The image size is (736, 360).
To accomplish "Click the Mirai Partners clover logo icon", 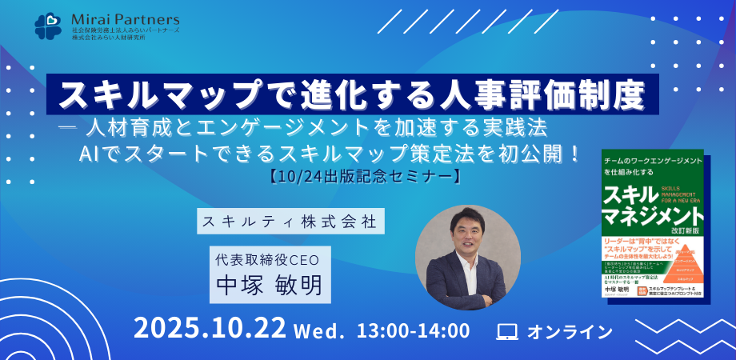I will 47,25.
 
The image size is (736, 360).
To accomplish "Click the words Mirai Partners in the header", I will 125,18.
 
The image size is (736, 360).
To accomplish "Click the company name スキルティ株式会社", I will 290,221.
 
